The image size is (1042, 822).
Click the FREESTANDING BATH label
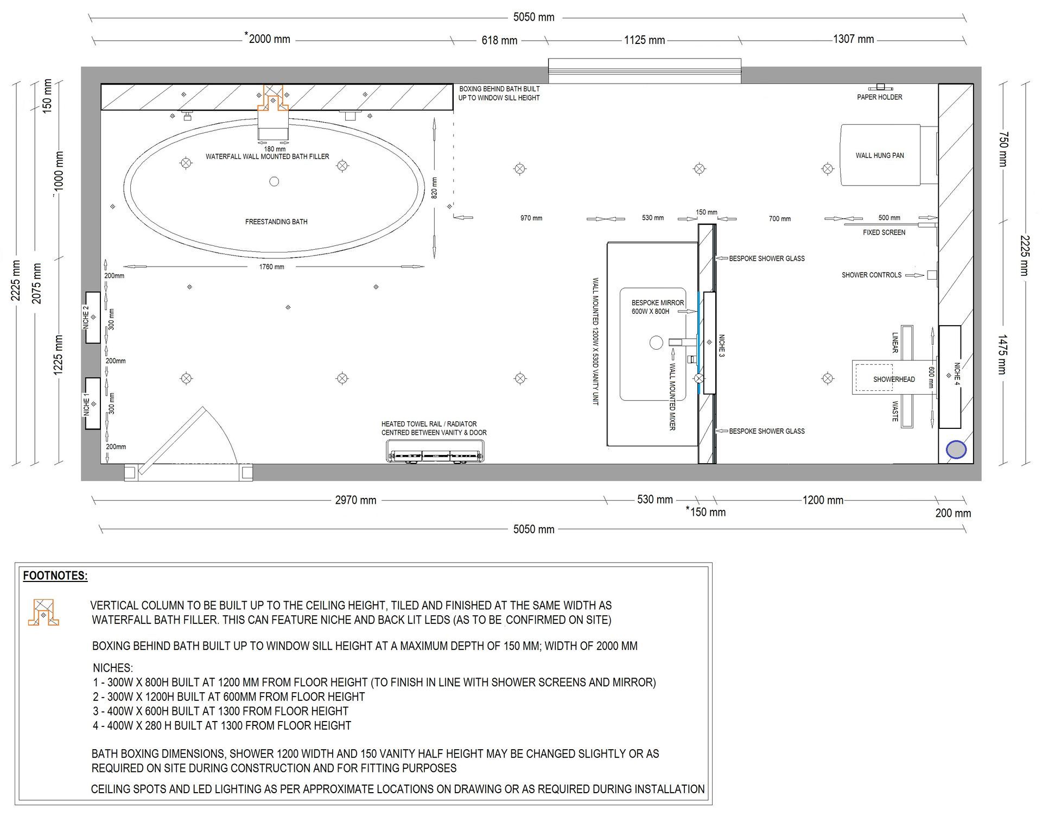[276, 222]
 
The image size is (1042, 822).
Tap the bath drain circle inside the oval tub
[274, 181]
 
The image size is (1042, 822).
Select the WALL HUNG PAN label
[880, 155]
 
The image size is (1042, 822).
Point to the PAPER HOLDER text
[880, 97]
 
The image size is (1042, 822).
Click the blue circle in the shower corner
[956, 450]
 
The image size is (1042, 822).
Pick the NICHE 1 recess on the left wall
[93, 403]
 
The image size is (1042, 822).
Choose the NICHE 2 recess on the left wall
[93, 318]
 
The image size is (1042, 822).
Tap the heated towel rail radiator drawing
[435, 452]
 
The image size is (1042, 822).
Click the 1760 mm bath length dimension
[272, 267]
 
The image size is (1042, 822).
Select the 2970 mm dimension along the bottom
[355, 500]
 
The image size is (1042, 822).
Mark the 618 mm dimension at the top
[499, 40]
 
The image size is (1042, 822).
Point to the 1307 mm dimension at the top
[854, 39]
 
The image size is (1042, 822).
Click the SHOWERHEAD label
[894, 380]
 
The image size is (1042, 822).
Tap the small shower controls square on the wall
[932, 275]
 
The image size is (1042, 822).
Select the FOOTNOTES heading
[55, 576]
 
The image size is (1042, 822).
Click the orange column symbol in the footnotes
[43, 612]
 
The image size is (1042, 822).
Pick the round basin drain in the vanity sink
[657, 343]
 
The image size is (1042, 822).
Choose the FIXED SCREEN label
[884, 232]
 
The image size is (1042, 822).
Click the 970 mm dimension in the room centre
[531, 218]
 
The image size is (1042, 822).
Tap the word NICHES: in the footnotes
[113, 668]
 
